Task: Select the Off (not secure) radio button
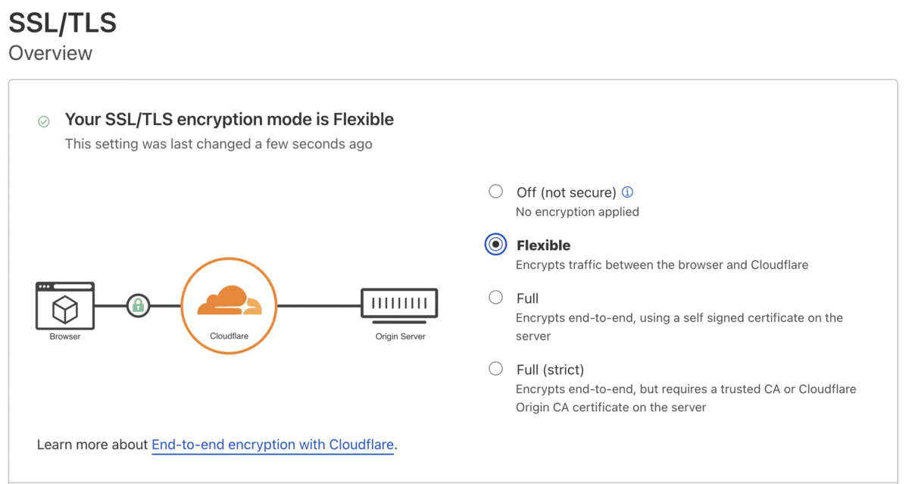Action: [x=495, y=191]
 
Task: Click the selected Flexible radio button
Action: [x=495, y=244]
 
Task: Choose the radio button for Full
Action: [x=495, y=298]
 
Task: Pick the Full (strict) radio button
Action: [x=495, y=369]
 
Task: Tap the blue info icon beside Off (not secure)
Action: [x=627, y=192]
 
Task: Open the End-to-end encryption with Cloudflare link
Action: [x=273, y=445]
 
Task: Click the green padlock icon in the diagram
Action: [x=138, y=305]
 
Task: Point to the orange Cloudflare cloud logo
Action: [x=230, y=300]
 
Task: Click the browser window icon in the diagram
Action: [x=65, y=305]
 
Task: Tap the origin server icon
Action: [x=399, y=306]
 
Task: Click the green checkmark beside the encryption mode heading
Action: [x=44, y=122]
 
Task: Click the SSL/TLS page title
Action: [x=62, y=23]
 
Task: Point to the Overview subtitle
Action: [x=51, y=53]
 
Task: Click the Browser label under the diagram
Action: [x=65, y=336]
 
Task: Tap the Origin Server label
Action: [x=400, y=336]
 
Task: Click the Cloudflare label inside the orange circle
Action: [x=230, y=336]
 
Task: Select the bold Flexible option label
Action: [x=543, y=245]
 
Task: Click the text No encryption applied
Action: [x=577, y=212]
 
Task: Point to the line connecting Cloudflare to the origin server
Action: [x=319, y=305]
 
